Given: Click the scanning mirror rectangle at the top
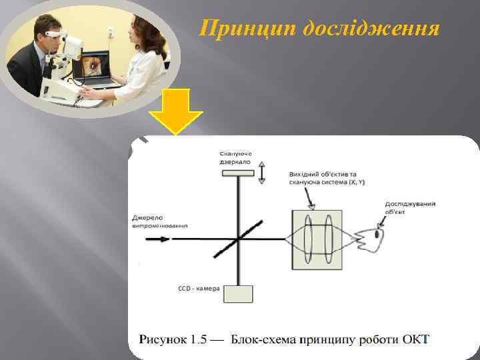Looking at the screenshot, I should click(x=238, y=173).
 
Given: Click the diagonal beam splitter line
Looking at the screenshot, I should click(x=237, y=239).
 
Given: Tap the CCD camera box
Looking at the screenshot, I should click(x=238, y=293).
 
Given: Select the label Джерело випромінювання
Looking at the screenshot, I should click(x=159, y=222).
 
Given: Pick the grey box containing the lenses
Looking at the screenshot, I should click(x=316, y=239).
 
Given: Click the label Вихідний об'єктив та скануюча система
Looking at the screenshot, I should click(x=327, y=178).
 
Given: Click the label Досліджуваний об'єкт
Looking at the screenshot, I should click(x=407, y=208).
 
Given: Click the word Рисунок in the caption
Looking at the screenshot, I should click(x=161, y=340).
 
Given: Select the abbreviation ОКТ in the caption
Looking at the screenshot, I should click(x=416, y=340).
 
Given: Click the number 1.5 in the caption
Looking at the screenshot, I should click(x=199, y=340).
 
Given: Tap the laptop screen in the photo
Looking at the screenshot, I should click(x=93, y=66).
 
